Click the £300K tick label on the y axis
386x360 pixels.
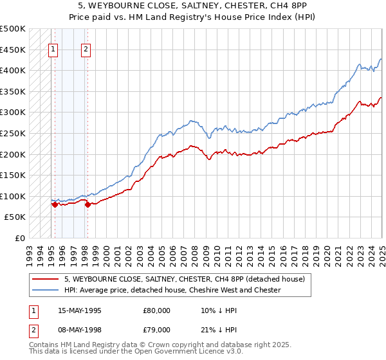click(x=13, y=112)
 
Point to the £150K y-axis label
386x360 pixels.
click(x=13, y=175)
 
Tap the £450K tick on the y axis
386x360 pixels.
click(x=13, y=49)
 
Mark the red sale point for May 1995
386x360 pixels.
click(x=55, y=204)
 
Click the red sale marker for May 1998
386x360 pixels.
click(x=87, y=205)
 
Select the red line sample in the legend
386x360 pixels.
click(x=46, y=278)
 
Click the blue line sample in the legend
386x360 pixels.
click(x=46, y=290)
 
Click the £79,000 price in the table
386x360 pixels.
click(x=156, y=331)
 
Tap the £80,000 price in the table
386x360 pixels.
click(x=156, y=310)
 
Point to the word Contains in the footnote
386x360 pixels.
click(x=45, y=346)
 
